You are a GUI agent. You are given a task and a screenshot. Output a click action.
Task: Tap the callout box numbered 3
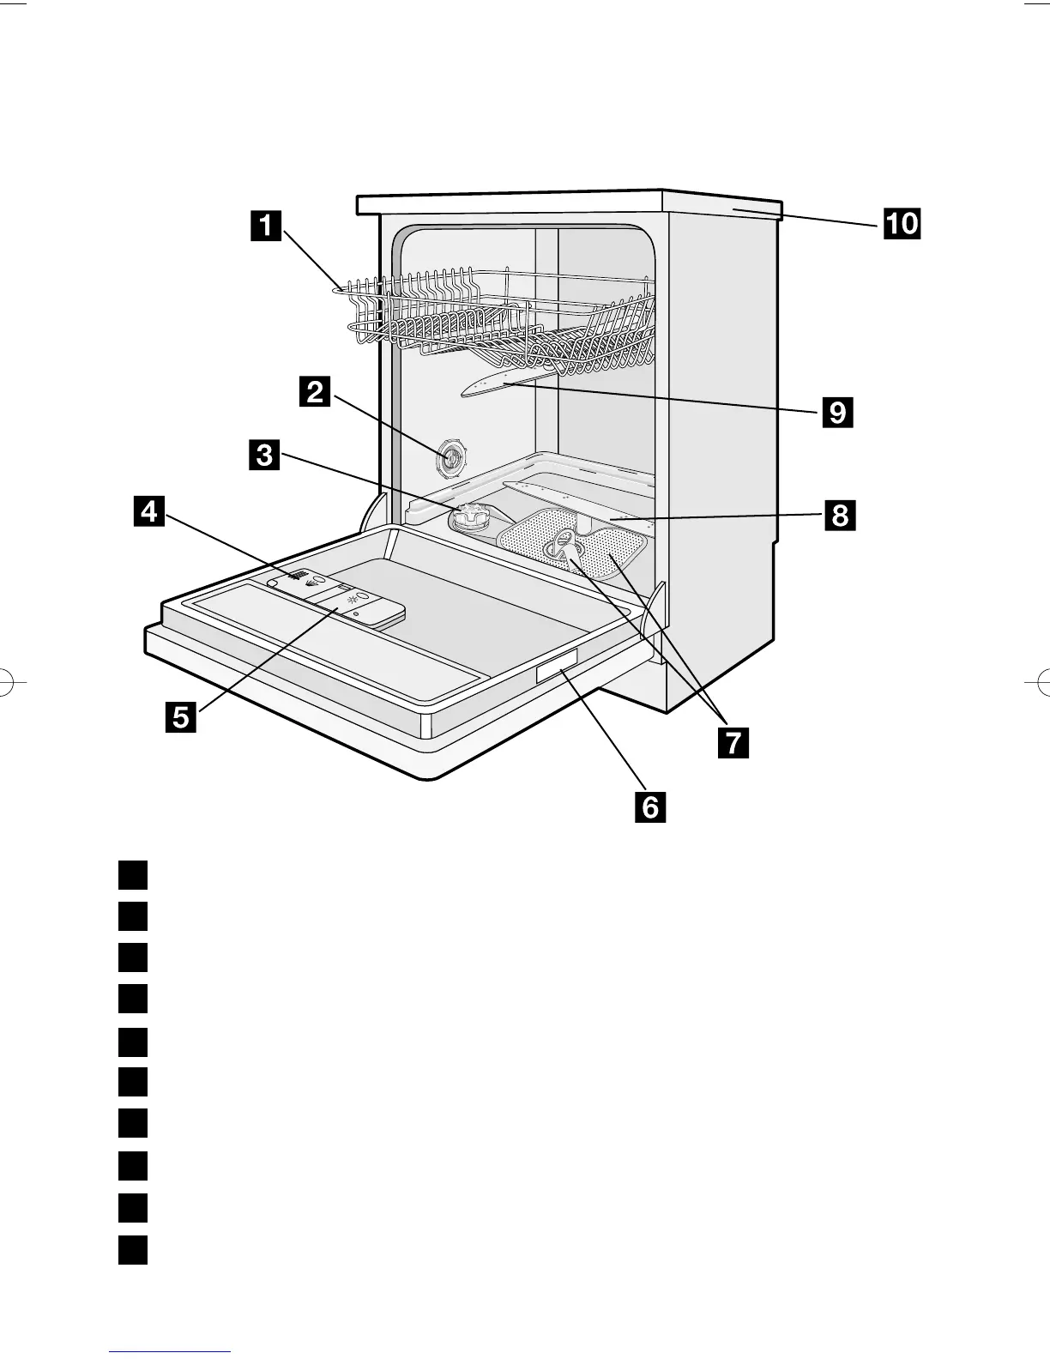265,454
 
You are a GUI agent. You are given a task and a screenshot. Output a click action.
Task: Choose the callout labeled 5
181,716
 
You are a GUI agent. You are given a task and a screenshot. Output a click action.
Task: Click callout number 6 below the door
650,806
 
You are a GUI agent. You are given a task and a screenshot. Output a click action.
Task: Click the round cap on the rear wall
451,459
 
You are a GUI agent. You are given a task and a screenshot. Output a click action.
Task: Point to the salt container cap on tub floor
471,517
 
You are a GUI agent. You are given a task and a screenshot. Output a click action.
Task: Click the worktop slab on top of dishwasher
566,203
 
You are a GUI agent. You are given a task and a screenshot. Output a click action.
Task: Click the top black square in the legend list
134,875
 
